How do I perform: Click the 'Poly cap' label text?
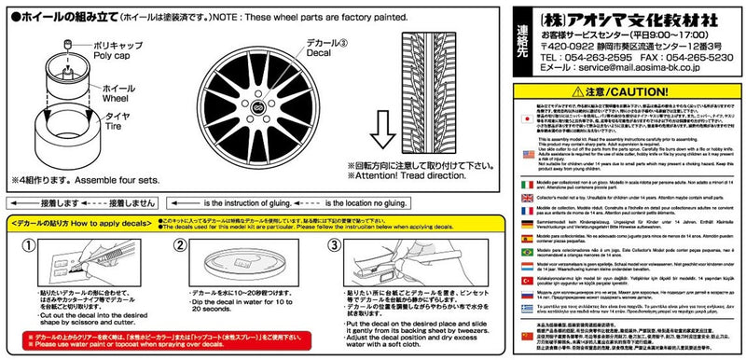coord(110,55)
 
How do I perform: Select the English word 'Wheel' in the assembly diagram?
coord(104,95)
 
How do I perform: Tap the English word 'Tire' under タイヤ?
coord(99,132)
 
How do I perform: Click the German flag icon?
coord(527,216)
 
